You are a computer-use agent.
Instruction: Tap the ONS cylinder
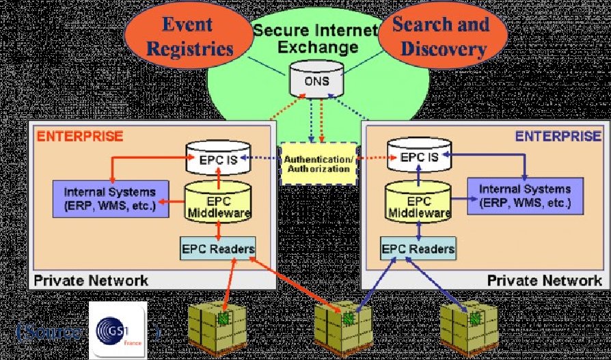click(x=310, y=80)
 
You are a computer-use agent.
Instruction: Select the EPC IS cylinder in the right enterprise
click(x=418, y=158)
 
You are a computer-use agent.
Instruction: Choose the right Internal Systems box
click(x=525, y=197)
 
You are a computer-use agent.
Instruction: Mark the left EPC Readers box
click(x=218, y=248)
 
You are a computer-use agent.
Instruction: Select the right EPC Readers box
click(x=418, y=248)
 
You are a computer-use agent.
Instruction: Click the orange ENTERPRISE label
click(x=80, y=135)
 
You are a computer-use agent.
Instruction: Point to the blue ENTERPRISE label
click(x=558, y=135)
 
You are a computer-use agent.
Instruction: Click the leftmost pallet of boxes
click(x=215, y=327)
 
